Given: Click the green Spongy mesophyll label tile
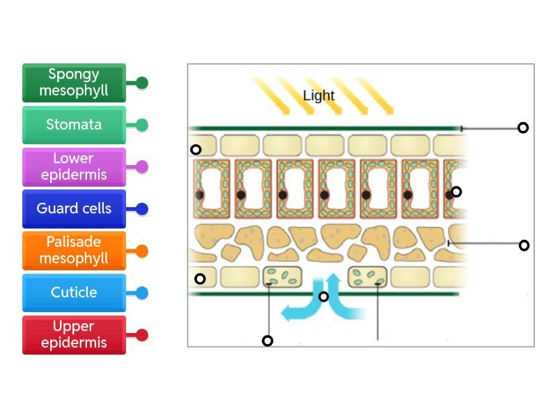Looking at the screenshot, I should [x=74, y=83].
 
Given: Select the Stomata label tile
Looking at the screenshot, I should [x=74, y=125].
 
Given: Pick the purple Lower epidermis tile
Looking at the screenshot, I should [x=74, y=167].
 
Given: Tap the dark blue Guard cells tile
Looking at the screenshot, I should [x=74, y=208].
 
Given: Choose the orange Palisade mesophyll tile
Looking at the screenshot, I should [x=74, y=250].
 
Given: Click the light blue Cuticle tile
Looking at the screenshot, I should [x=74, y=293].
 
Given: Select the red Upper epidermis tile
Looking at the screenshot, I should [x=74, y=334].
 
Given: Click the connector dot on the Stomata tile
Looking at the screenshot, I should [x=142, y=125].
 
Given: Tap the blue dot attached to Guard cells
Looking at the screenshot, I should [x=142, y=209].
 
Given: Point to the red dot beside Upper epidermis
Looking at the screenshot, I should [x=142, y=335].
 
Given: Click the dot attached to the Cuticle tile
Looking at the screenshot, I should [x=142, y=293].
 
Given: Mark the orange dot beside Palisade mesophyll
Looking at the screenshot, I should [x=142, y=251].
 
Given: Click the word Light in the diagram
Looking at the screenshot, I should [x=319, y=96].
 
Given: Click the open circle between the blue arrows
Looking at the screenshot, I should [x=323, y=297].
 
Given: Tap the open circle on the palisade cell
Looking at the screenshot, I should [x=456, y=192].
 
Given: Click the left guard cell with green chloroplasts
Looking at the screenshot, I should [x=282, y=277].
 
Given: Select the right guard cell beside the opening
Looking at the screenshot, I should [x=367, y=277].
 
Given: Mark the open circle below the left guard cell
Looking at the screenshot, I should [x=267, y=341].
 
